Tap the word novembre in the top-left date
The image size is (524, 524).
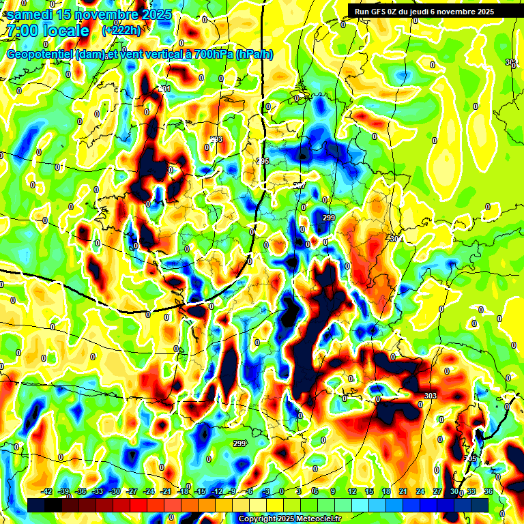coord(106,15)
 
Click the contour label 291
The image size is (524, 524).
coord(164,89)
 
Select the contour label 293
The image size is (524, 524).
coord(216,139)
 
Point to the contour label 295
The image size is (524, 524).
coord(263,161)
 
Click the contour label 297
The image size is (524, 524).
coord(299,186)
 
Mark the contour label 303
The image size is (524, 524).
coord(430,396)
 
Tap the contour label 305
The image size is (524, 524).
coord(470,458)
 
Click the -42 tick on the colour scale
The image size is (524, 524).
coord(47,491)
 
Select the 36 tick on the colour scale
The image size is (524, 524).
coord(489,491)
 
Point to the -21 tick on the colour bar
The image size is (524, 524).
coord(166,491)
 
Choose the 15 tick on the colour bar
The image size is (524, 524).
coord(369,491)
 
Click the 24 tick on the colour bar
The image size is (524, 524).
coord(420,491)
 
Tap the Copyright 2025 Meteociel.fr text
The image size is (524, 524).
coord(289,519)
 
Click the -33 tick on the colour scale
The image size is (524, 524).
coord(98,491)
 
